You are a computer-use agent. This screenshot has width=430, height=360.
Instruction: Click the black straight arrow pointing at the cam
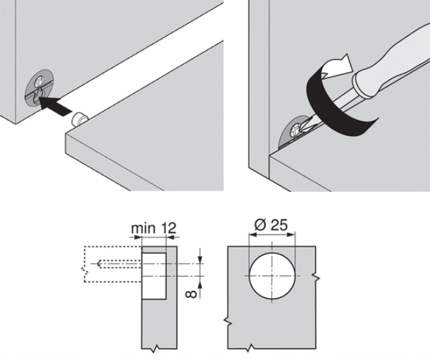[x=55, y=106]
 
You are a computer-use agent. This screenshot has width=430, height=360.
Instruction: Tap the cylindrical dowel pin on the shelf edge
[x=79, y=120]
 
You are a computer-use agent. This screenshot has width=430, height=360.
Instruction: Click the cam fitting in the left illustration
[x=39, y=86]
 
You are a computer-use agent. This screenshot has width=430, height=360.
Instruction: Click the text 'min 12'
[x=153, y=228]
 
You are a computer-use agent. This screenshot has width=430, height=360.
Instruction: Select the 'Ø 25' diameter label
[x=271, y=225]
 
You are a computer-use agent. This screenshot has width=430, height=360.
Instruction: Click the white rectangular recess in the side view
[x=154, y=276]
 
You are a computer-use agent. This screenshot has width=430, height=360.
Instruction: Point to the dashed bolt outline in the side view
[x=119, y=263]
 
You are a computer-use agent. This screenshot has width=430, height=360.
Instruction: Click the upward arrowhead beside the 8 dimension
[x=200, y=286]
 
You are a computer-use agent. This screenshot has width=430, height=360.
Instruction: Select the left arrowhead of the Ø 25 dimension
[x=252, y=235]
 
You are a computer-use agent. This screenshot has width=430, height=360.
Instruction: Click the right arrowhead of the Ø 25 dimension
[x=292, y=235]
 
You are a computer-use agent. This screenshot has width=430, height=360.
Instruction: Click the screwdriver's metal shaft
[x=329, y=110]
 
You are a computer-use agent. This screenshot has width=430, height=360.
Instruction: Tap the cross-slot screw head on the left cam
[x=39, y=81]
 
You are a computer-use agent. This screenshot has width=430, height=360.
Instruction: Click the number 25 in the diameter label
[x=279, y=225]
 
